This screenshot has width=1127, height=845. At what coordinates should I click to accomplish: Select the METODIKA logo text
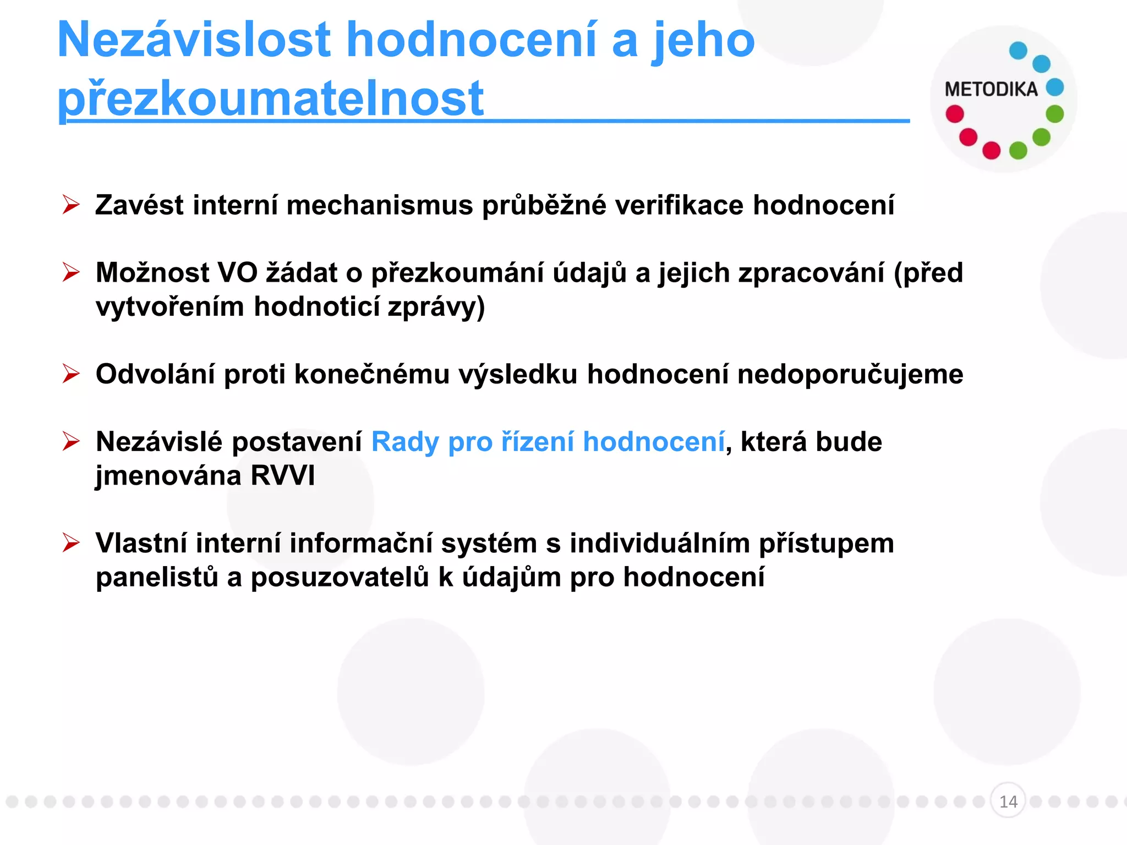pos(991,90)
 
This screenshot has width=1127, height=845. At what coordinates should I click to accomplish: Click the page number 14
pos(1008,802)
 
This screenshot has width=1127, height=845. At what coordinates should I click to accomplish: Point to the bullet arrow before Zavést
pos(71,205)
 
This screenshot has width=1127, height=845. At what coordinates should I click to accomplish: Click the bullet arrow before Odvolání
pos(71,374)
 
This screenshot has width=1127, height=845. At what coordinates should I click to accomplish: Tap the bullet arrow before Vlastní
pos(71,543)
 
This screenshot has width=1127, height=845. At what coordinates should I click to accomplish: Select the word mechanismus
pos(380,205)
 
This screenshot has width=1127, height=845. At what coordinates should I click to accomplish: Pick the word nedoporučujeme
pos(850,374)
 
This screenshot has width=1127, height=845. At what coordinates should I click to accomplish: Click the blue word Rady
pos(405,442)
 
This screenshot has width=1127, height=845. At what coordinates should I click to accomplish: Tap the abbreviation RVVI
pos(283,476)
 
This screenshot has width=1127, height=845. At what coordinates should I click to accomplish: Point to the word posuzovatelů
pos(340,577)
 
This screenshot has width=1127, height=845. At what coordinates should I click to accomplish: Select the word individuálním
pos(659,543)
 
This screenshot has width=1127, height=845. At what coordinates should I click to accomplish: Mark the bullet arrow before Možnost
pos(71,272)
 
